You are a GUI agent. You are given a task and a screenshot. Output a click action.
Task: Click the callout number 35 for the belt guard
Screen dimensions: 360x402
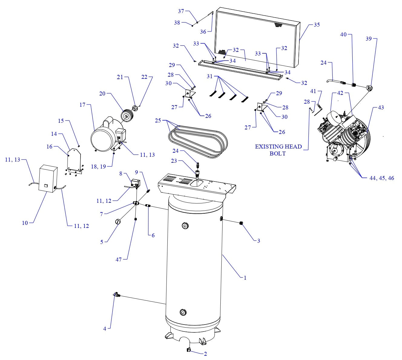click(316, 25)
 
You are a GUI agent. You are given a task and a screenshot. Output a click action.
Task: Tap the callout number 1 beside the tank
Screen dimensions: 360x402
click(245, 278)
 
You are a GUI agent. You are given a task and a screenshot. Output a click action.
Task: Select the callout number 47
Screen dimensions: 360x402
click(119, 259)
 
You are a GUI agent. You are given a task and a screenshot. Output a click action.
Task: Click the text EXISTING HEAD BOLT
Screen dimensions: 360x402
click(278, 150)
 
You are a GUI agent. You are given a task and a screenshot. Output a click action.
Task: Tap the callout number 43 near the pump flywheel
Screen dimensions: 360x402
click(381, 108)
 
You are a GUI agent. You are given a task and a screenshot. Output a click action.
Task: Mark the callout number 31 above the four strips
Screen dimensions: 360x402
click(210, 76)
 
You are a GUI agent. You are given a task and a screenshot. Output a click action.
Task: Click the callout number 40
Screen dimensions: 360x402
click(343, 35)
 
